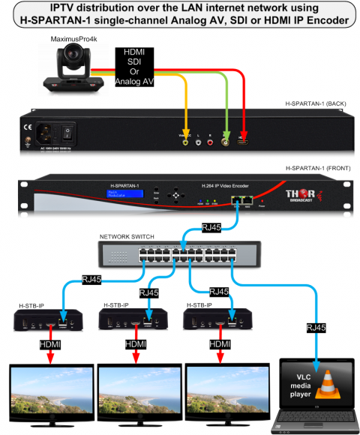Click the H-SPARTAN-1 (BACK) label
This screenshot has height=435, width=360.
pos(317,102)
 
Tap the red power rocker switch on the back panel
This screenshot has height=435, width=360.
pos(68,134)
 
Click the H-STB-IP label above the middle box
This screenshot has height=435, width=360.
pos(118,306)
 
